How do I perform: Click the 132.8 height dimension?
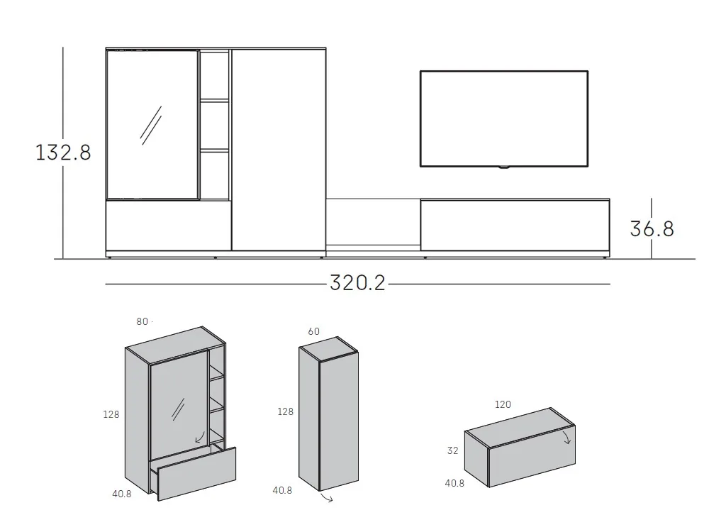(x=64, y=152)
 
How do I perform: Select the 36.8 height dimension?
(x=652, y=228)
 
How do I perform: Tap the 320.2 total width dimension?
(x=358, y=284)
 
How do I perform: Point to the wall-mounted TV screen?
(x=503, y=118)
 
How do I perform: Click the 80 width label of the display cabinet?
(x=143, y=321)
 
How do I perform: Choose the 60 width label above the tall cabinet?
(x=313, y=331)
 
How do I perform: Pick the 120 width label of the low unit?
(x=503, y=404)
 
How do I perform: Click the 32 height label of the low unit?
(x=453, y=450)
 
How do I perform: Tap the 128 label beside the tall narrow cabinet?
(x=285, y=411)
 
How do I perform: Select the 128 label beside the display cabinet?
(x=111, y=414)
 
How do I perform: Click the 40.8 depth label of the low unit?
(x=454, y=483)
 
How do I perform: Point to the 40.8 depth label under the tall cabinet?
(x=282, y=489)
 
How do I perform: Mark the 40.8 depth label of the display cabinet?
(x=121, y=494)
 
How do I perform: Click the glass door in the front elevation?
(x=151, y=124)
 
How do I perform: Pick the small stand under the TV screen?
(x=503, y=168)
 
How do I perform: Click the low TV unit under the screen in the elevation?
(x=515, y=225)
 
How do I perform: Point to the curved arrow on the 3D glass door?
(x=200, y=436)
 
